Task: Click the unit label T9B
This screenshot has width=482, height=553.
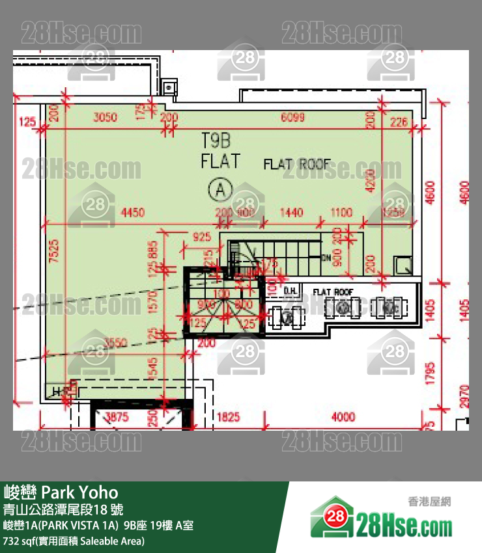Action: coord(216,139)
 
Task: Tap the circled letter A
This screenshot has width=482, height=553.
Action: coord(220,189)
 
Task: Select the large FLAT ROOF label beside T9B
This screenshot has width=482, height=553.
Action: coord(297,165)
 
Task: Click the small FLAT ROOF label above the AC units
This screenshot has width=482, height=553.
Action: coord(333,292)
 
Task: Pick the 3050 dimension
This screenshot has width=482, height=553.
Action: coord(105,118)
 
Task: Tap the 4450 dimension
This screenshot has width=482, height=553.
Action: coord(132,213)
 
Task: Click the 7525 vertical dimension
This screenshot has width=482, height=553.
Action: coord(54,250)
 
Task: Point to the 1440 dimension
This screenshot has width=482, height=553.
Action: coord(291,213)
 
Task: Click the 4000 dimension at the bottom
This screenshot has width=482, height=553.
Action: coord(343,417)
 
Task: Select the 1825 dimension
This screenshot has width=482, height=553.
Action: coord(228,417)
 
